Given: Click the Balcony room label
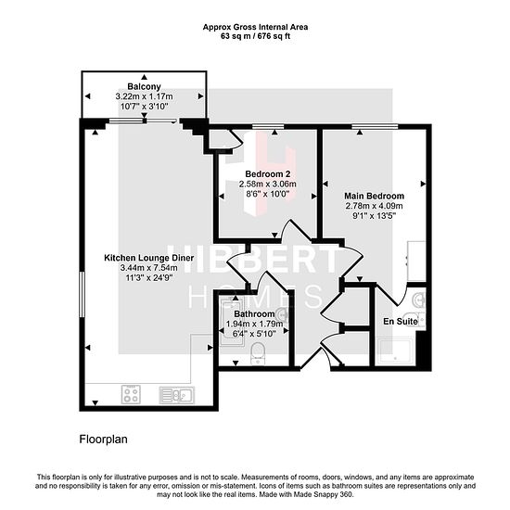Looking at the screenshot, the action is [144, 86].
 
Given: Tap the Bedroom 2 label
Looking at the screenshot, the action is [268, 174].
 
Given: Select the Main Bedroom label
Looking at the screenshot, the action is [374, 197].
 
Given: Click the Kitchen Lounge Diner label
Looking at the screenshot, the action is [149, 258].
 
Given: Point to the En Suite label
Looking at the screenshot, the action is [401, 322].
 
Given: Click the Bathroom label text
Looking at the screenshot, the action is [254, 314].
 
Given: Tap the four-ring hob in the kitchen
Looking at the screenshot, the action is [131, 394].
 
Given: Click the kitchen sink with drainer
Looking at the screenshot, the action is [176, 395].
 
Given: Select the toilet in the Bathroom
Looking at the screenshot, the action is [259, 353].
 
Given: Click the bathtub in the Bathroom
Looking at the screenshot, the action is [232, 321].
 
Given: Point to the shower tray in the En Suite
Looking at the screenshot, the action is [394, 352].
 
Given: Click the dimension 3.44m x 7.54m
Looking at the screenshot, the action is [149, 268].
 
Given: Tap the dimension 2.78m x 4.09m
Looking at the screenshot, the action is [374, 206].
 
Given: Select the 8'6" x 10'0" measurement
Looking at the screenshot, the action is [268, 194].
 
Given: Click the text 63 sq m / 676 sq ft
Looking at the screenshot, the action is [255, 36].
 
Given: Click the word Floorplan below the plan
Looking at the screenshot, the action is [104, 440].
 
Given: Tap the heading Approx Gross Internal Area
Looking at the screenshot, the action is [255, 27].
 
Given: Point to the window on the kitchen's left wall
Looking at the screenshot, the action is [82, 295].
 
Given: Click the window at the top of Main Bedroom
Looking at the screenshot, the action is [375, 126].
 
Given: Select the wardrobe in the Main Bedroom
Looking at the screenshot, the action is [416, 261].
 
